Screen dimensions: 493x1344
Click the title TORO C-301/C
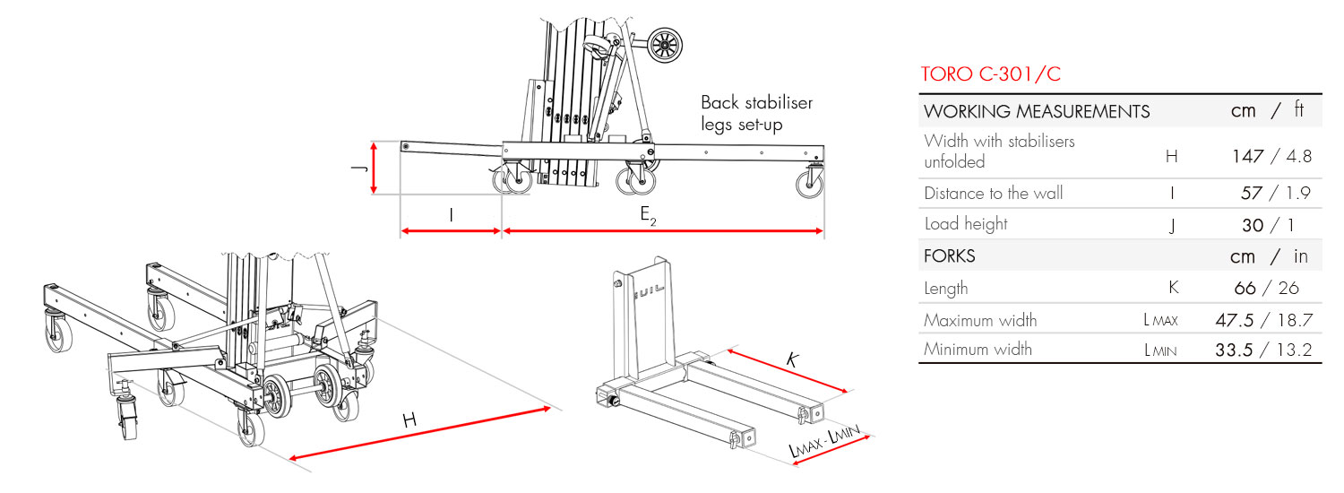991,74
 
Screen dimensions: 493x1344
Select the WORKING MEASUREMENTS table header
1037,112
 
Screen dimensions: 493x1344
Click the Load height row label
966,224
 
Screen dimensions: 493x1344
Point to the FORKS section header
949,256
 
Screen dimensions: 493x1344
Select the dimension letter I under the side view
451,215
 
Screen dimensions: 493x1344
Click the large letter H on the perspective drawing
409,419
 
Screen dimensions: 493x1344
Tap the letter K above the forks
791,360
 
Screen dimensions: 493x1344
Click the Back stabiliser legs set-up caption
756,113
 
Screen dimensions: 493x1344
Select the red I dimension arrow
451,231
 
